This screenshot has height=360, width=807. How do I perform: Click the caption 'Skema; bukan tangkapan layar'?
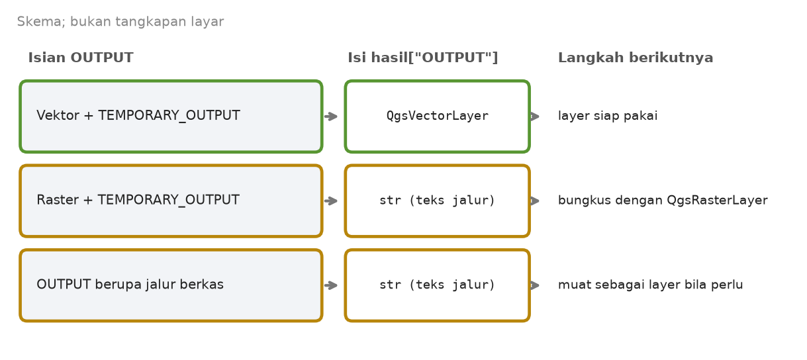(x=120, y=22)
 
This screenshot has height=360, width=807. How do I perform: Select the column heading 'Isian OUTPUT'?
(x=81, y=58)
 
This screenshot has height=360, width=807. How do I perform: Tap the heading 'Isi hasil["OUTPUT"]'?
(x=422, y=58)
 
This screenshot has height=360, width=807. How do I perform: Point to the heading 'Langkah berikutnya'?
(x=636, y=58)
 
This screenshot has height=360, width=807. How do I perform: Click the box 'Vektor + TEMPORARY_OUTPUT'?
(x=171, y=116)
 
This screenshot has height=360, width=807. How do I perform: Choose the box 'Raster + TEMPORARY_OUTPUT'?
(x=171, y=201)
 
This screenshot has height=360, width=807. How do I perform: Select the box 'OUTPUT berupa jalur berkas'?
(x=171, y=285)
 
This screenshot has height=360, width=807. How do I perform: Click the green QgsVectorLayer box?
(x=438, y=116)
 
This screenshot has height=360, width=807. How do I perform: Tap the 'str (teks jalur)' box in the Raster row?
(x=438, y=201)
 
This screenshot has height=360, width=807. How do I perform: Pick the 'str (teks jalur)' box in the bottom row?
(x=438, y=285)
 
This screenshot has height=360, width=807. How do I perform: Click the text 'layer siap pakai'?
(x=608, y=116)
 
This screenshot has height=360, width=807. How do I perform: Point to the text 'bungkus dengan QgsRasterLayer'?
(x=663, y=200)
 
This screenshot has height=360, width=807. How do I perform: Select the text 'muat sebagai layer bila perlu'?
(x=650, y=285)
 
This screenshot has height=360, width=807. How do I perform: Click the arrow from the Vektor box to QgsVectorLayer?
(x=331, y=116)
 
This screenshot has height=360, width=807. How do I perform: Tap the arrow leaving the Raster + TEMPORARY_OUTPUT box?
(x=331, y=201)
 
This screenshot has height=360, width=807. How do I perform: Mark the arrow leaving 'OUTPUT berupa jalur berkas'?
(x=331, y=285)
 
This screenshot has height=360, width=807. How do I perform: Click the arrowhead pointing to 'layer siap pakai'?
(x=536, y=116)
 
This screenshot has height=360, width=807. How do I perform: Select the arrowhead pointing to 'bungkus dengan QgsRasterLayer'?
(x=536, y=201)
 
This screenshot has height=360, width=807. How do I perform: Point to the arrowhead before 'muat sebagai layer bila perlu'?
(x=536, y=285)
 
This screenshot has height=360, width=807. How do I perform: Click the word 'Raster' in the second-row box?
(x=58, y=200)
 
